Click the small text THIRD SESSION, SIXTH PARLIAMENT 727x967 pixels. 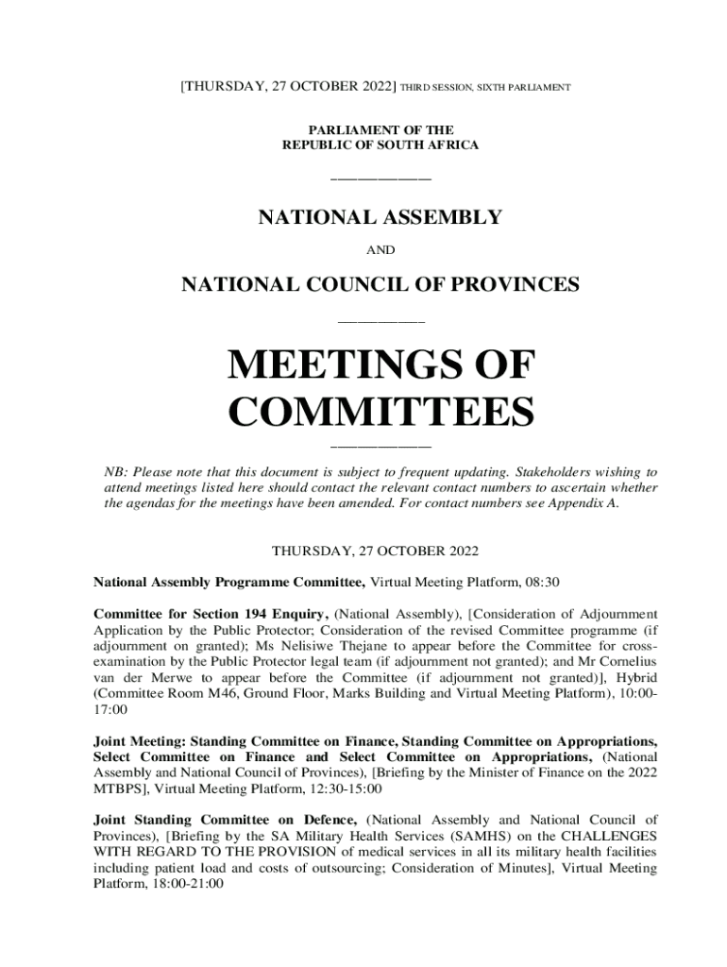coord(486,88)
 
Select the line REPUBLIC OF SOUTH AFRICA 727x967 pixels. coord(380,144)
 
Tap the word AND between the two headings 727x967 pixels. coord(380,250)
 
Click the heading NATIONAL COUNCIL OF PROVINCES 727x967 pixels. coord(380,284)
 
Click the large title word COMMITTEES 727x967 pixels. coord(381,413)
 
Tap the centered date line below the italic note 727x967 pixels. coord(381,550)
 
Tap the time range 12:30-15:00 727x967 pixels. coord(344,787)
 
